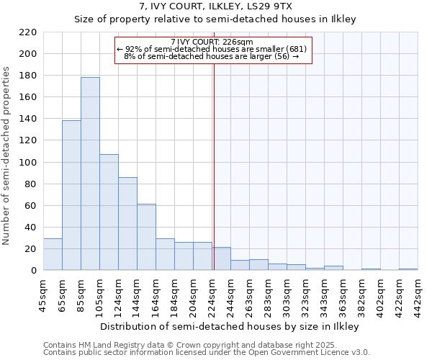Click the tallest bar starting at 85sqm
click(x=90, y=174)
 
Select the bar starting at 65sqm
click(x=71, y=195)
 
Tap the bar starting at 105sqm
click(x=109, y=212)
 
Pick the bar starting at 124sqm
click(x=127, y=223)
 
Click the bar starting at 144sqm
click(x=146, y=237)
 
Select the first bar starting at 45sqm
click(x=53, y=254)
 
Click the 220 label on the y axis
click(x=29, y=32)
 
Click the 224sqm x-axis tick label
click(x=212, y=294)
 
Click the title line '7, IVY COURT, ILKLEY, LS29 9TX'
click(x=216, y=6)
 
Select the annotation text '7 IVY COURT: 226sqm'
click(x=212, y=42)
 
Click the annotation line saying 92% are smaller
click(x=212, y=49)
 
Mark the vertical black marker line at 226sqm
click(x=214, y=166)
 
